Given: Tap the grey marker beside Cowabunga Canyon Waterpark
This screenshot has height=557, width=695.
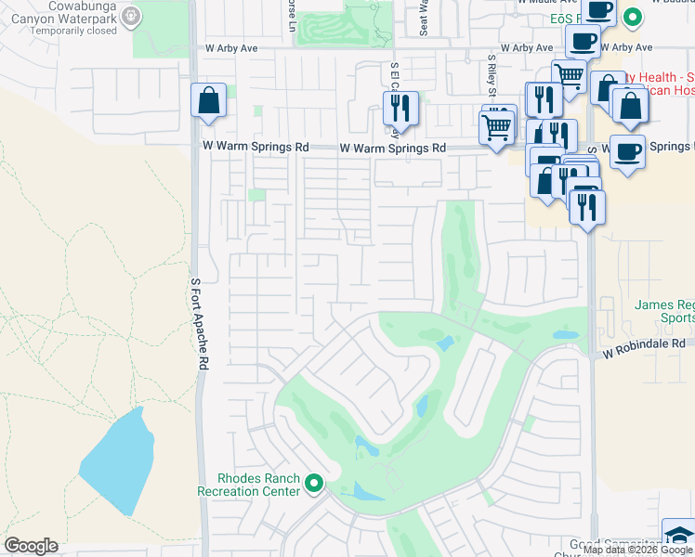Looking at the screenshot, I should (131, 16).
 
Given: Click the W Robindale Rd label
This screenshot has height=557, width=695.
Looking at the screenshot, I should (643, 343).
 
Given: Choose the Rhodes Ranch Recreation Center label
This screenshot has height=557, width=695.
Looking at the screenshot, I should (249, 485).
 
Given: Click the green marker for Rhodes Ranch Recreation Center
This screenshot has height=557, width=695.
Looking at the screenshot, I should (314, 483).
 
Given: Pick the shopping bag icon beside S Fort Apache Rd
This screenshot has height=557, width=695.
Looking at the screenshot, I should (209, 100).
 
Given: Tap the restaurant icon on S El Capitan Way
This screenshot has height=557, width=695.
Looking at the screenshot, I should (400, 108).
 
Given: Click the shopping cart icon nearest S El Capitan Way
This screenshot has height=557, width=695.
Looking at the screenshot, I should (497, 125).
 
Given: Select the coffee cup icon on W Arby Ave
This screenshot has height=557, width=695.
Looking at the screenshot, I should (583, 42).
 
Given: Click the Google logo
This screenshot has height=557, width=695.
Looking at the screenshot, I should (31, 546).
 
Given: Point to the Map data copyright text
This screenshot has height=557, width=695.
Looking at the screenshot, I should (637, 550).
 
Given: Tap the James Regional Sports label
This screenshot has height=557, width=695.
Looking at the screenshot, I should (664, 311).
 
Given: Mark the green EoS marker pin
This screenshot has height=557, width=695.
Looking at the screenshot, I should (633, 16).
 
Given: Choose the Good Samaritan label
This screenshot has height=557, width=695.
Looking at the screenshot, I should (613, 543).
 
